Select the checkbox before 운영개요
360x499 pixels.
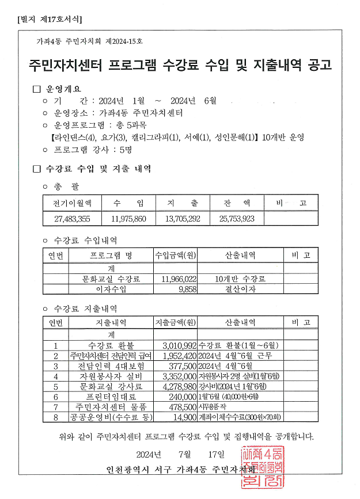[37, 89]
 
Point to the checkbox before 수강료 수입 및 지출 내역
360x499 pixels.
[37, 169]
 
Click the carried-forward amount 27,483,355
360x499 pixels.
[72, 219]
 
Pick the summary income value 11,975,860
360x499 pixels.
[128, 219]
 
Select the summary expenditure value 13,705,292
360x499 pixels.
[182, 219]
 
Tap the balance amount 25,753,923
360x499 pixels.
[237, 219]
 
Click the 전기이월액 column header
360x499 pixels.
[72, 203]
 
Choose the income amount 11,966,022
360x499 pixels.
[176, 279]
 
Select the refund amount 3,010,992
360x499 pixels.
[176, 345]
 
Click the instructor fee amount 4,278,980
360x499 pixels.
[176, 386]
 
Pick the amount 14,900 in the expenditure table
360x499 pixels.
[184, 417]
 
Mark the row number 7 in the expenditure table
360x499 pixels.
[56, 407]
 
